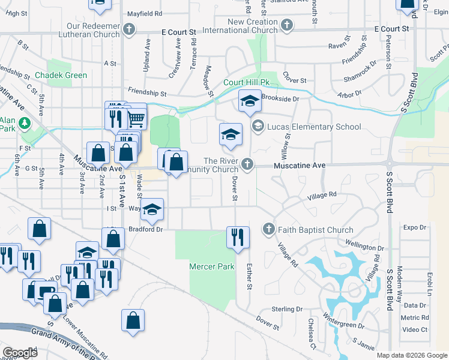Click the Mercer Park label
(203, 266)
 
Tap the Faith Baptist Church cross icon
(268, 229)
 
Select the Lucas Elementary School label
(314, 127)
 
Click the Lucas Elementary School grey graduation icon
(258, 126)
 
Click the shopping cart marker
(136, 118)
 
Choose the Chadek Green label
(61, 76)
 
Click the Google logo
(20, 353)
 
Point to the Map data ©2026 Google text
(412, 355)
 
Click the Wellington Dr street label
(364, 248)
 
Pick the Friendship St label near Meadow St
(146, 94)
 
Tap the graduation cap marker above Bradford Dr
(152, 209)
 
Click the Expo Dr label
(414, 227)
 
